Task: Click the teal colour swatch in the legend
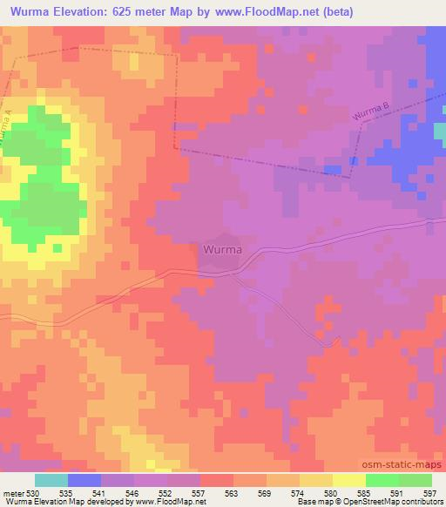[51, 480]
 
